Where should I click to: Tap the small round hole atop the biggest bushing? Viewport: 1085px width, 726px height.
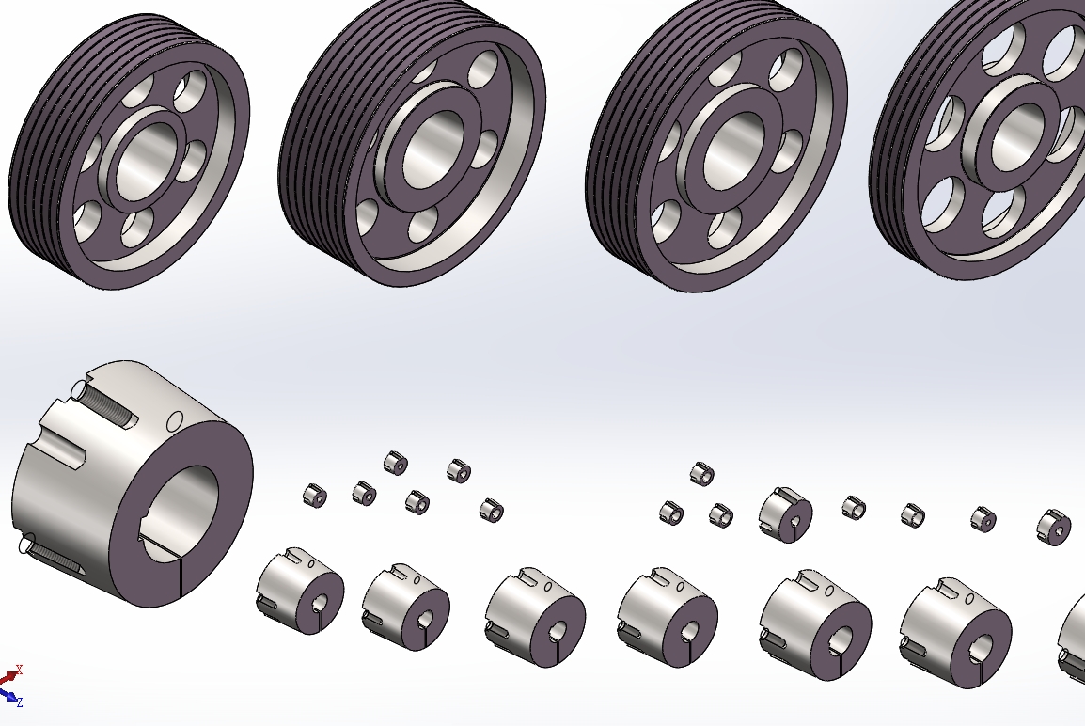click(176, 419)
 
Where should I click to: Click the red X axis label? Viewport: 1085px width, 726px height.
click(20, 670)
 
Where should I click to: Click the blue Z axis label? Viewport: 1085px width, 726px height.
click(20, 702)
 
